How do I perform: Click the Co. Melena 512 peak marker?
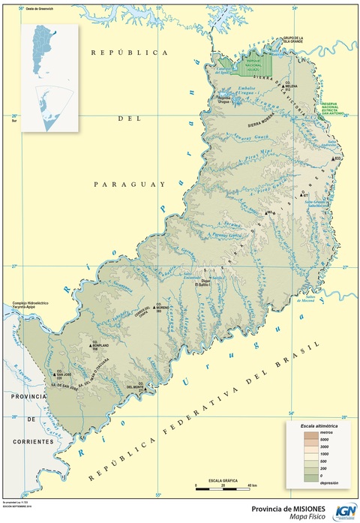tap(283, 87)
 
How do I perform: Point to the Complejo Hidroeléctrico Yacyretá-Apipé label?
tap(30, 305)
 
